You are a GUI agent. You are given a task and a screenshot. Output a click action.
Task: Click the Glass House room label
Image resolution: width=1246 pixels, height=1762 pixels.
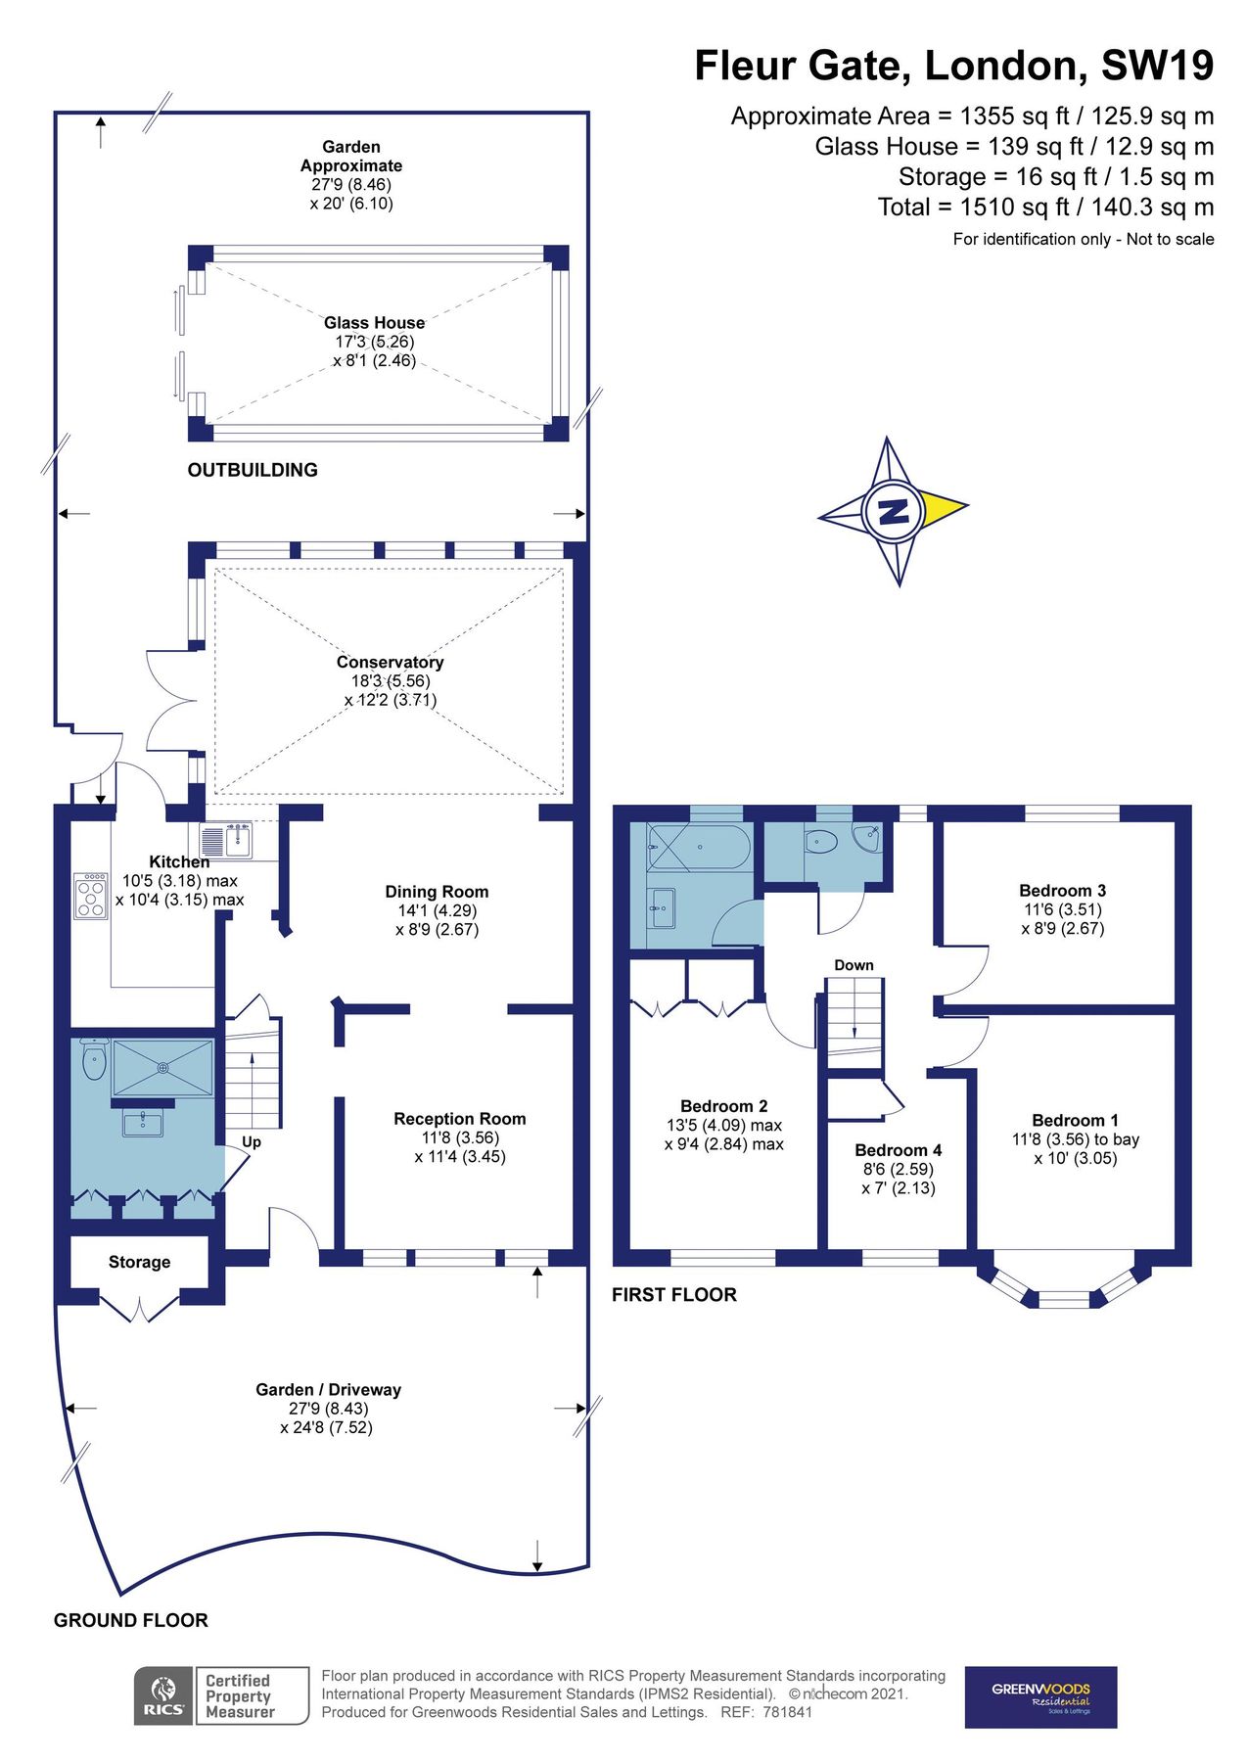pyautogui.click(x=374, y=323)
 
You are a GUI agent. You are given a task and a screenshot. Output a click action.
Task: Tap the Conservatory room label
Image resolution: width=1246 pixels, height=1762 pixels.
pyautogui.click(x=390, y=663)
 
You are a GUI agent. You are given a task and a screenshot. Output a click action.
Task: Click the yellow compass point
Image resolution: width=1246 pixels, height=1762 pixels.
pyautogui.click(x=944, y=507)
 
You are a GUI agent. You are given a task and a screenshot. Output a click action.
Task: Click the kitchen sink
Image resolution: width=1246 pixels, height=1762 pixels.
pyautogui.click(x=226, y=840)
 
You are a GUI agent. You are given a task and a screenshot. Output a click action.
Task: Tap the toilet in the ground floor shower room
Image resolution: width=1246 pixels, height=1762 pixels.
pyautogui.click(x=94, y=1059)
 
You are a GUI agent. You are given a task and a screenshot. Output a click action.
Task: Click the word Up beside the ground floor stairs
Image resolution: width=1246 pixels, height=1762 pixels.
pyautogui.click(x=252, y=1141)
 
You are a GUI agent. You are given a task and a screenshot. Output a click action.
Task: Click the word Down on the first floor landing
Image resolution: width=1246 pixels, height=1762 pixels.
pyautogui.click(x=854, y=965)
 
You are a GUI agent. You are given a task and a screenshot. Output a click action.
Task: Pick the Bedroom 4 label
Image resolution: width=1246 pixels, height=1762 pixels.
pyautogui.click(x=898, y=1150)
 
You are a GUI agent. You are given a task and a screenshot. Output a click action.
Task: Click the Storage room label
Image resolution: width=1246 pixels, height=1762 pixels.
pyautogui.click(x=139, y=1262)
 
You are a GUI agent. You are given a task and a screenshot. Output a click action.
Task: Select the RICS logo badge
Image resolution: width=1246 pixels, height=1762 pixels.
pyautogui.click(x=162, y=1695)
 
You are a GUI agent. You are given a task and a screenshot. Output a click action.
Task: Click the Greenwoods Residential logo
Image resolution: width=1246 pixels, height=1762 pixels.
pyautogui.click(x=1040, y=1696)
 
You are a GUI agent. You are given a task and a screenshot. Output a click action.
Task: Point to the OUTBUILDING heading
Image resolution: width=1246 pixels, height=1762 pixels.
pyautogui.click(x=253, y=470)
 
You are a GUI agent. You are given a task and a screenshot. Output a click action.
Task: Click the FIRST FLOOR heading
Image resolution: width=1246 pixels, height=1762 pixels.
pyautogui.click(x=673, y=1294)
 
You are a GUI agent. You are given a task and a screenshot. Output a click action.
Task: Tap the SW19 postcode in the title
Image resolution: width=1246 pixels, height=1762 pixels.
pyautogui.click(x=1157, y=66)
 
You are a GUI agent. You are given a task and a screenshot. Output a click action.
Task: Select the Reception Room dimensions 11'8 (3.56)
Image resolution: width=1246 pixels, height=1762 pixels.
pyautogui.click(x=460, y=1137)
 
